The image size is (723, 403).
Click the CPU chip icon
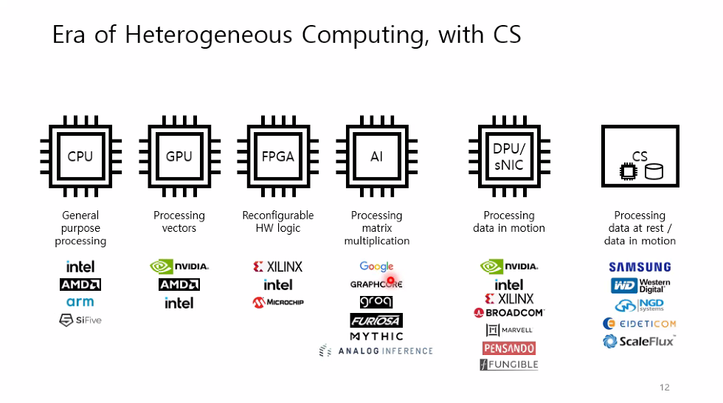pos(80,156)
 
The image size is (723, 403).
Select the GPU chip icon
pos(179,156)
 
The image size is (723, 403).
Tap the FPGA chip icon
pos(278,156)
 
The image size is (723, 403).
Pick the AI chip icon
pos(376,156)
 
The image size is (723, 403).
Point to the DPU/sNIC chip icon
pos(509,156)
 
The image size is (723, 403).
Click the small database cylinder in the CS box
pos(654,173)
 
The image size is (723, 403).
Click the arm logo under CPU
pos(80,302)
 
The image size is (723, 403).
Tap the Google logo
pos(376,266)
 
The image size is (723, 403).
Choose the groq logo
pos(376,302)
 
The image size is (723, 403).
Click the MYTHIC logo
pos(376,337)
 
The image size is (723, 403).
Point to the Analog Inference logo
pos(376,351)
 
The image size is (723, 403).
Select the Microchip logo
pos(278,302)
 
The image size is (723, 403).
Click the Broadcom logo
pos(509,313)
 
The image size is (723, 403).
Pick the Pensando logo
pos(509,348)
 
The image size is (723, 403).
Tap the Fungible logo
pos(509,365)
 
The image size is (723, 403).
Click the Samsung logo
pos(640,267)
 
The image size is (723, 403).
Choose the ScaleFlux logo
pos(639,341)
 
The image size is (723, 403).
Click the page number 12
pos(664,387)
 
